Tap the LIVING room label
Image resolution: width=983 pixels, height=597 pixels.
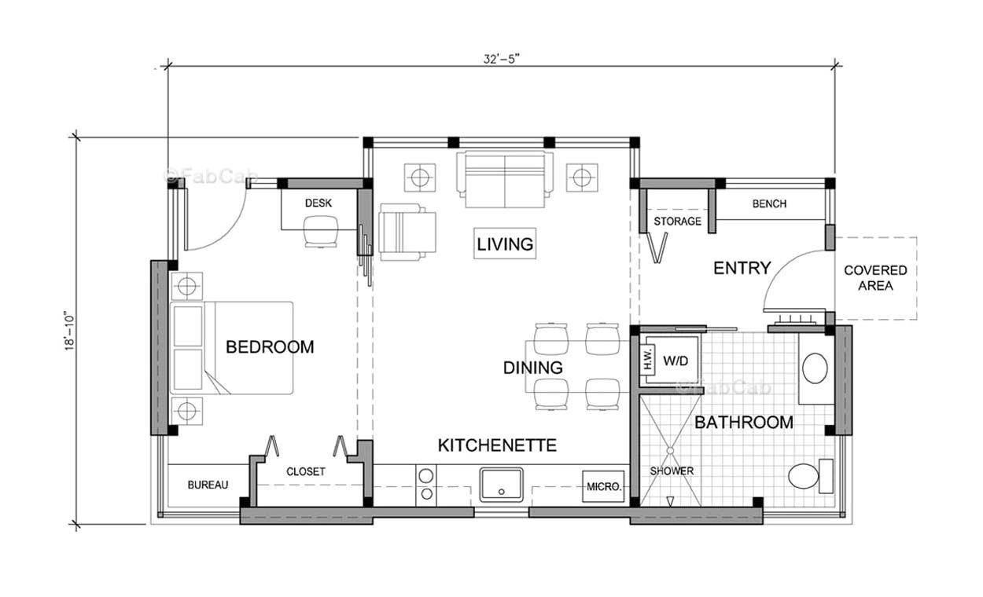505,244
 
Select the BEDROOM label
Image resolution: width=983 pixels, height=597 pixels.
270,346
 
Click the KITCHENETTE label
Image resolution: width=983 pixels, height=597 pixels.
497,445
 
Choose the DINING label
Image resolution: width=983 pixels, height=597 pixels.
533,367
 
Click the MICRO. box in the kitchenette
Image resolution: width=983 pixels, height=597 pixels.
604,486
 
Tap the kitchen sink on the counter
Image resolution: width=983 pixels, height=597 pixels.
502,484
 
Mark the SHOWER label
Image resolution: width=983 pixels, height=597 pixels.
672,471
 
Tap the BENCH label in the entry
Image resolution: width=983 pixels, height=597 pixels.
769,203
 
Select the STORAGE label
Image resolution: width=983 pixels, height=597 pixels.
677,221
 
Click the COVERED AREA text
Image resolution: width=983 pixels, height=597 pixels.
875,278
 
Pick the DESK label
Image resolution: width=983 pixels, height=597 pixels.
318,203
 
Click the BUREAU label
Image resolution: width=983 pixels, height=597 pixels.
208,485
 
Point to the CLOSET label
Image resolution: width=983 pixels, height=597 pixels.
306,471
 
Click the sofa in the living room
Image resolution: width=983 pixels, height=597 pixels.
504,180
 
